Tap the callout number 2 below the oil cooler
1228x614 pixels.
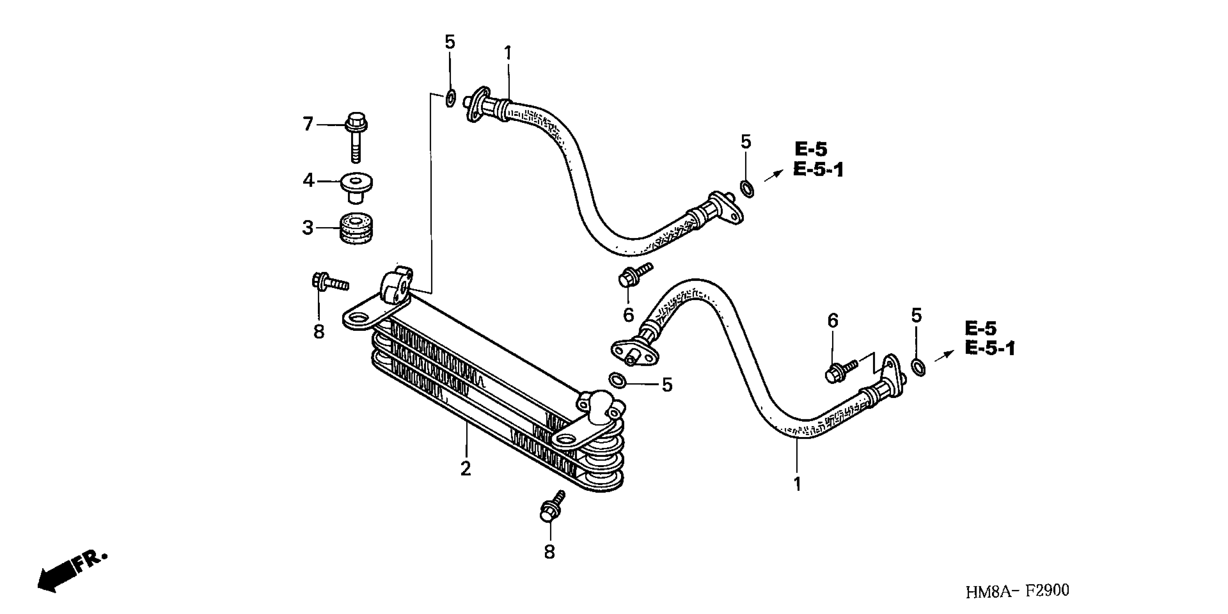(x=466, y=468)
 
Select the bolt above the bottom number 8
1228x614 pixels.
(x=551, y=507)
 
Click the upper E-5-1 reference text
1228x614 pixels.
(x=818, y=170)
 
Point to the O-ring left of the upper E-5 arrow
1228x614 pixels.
(x=747, y=189)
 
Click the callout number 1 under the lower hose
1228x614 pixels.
(x=797, y=484)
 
